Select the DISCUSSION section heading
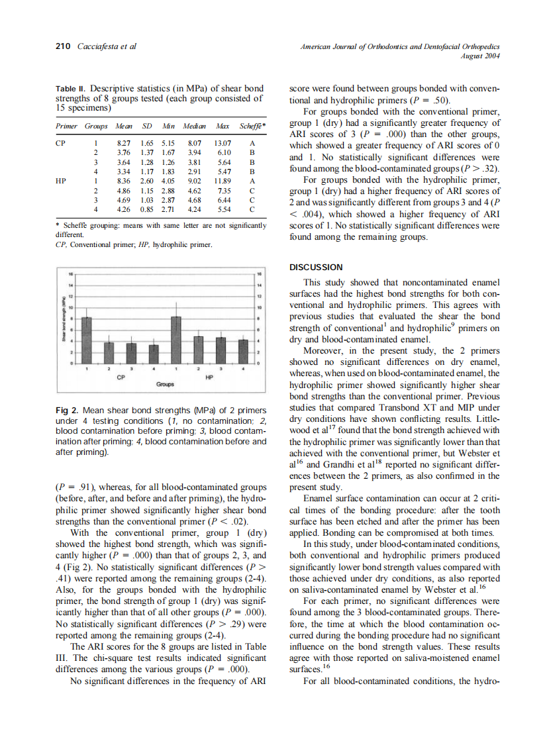[317, 267]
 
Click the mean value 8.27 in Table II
[123, 142]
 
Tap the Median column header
[193, 125]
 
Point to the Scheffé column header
[252, 125]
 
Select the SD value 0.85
[147, 209]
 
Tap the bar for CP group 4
[154, 354]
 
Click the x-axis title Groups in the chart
[165, 384]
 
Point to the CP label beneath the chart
[120, 377]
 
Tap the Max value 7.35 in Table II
[222, 189]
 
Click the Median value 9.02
[194, 179]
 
